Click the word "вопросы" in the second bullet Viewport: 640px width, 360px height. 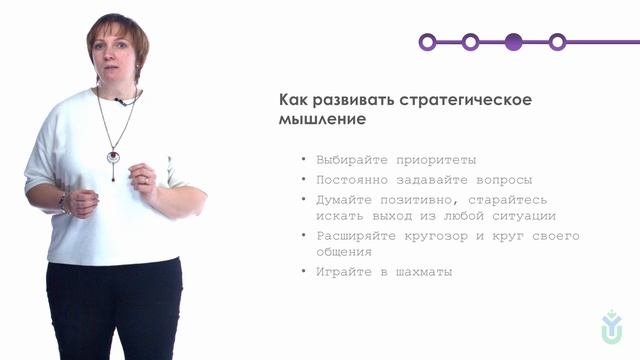(503, 179)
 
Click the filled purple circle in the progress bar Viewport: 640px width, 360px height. (514, 42)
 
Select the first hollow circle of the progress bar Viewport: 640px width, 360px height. (427, 42)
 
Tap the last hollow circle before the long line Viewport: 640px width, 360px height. (558, 42)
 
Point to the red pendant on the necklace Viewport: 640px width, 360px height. (113, 156)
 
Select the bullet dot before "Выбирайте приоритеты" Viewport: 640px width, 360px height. (302, 160)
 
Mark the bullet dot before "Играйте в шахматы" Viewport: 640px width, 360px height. (302, 272)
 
